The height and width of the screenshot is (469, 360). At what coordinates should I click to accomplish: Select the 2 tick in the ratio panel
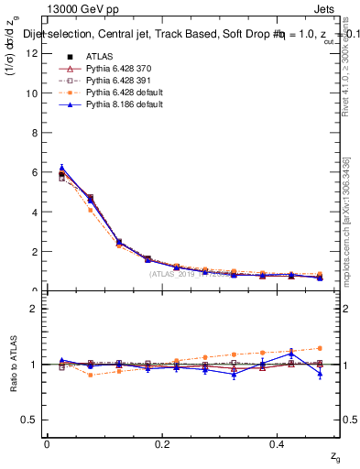33,309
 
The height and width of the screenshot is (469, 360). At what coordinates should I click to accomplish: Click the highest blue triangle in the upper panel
61,168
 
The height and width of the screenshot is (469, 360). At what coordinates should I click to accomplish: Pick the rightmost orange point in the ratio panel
320,348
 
